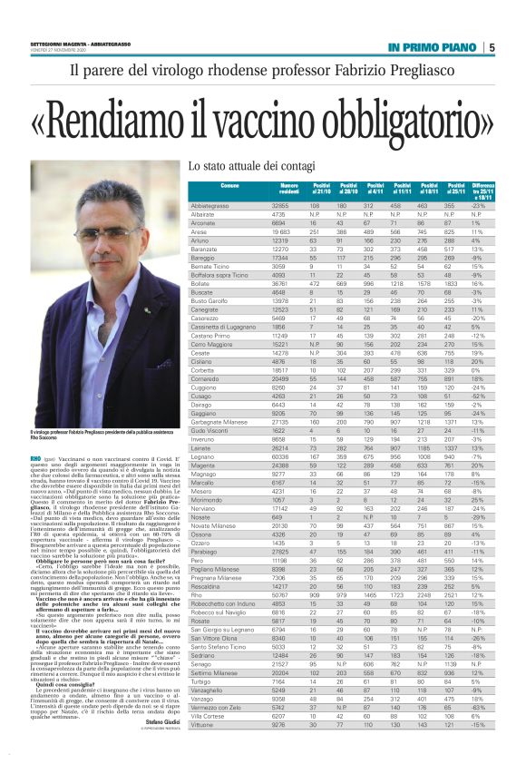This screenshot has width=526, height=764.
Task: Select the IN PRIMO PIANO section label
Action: [x=432, y=47]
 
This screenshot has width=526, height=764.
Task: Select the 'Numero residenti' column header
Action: [x=288, y=190]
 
